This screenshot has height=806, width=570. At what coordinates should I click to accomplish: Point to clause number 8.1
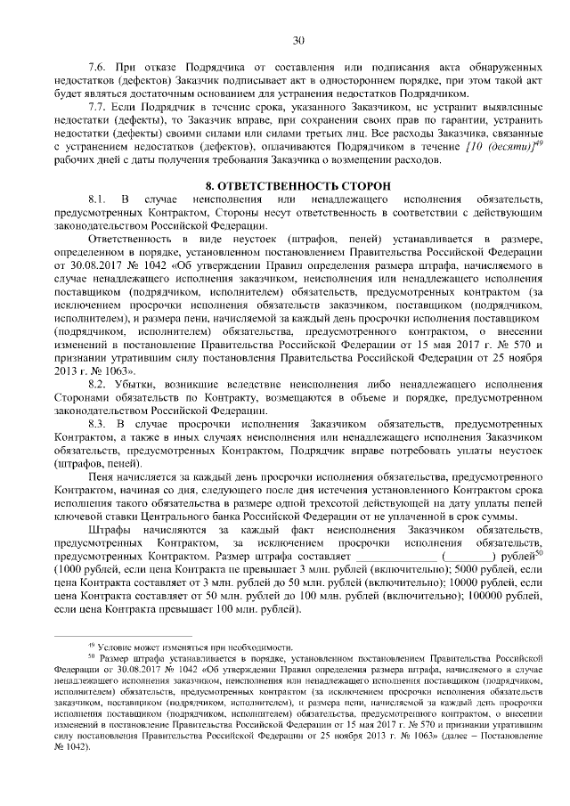98,197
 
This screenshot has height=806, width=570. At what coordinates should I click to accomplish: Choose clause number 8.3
98,424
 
